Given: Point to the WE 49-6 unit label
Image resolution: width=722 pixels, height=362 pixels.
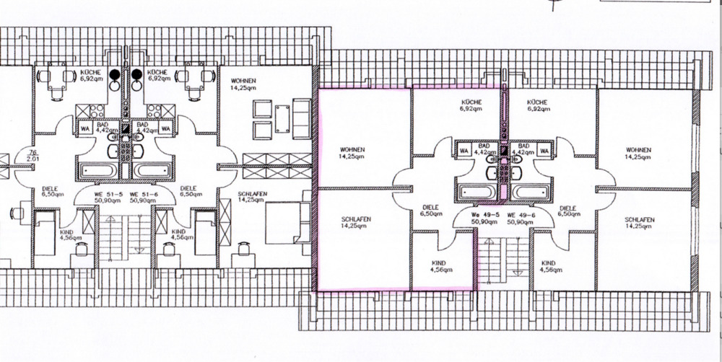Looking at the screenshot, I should pyautogui.click(x=521, y=215).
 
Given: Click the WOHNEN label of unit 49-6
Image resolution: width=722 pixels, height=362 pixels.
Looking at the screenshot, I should pyautogui.click(x=639, y=152).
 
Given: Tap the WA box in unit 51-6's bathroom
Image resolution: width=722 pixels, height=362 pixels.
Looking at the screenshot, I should pyautogui.click(x=165, y=128).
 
